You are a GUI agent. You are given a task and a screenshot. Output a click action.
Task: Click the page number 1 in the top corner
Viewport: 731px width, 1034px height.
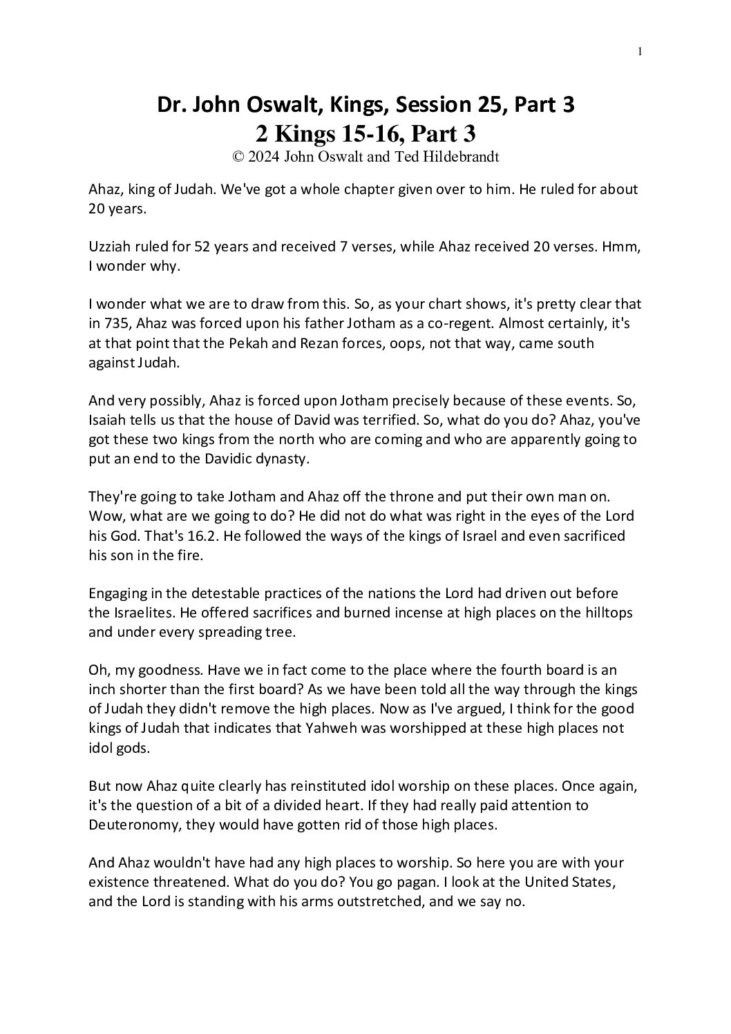tap(640, 50)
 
